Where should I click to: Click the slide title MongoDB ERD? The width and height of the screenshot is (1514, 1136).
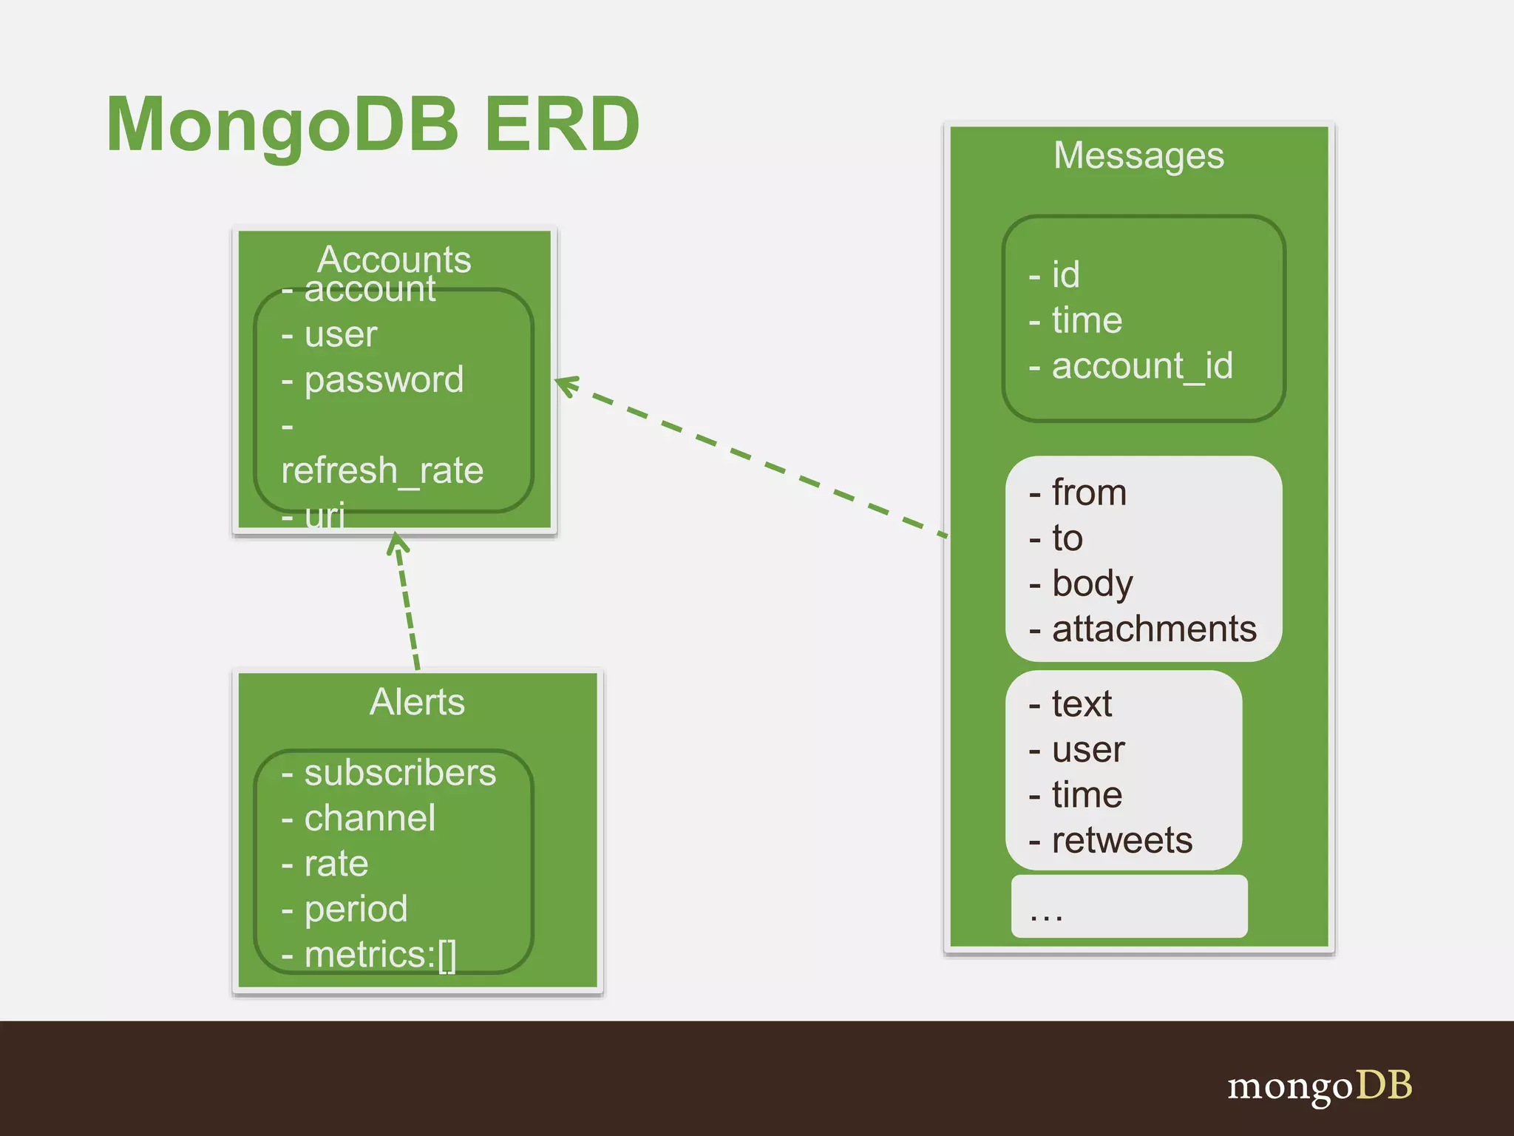(373, 124)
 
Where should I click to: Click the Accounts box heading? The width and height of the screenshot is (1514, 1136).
(394, 259)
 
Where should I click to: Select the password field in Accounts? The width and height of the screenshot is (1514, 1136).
(383, 379)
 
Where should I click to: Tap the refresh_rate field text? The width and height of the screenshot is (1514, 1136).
(382, 470)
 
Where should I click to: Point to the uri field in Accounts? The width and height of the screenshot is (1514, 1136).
(324, 515)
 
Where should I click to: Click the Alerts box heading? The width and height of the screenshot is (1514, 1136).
(417, 701)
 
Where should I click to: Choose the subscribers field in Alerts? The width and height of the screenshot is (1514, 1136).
(399, 773)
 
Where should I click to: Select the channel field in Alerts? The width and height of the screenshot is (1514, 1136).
(369, 818)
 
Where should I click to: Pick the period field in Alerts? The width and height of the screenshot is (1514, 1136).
(355, 909)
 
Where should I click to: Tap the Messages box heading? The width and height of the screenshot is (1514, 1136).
(1138, 155)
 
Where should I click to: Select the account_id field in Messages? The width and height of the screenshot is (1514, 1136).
(1141, 366)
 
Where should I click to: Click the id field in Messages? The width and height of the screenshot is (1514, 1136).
(1065, 275)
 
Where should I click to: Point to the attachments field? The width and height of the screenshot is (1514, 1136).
(1153, 629)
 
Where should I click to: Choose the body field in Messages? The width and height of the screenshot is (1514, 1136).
(1091, 584)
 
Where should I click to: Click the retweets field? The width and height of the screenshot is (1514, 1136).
(1121, 840)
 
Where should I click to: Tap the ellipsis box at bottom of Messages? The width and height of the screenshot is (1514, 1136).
(1129, 907)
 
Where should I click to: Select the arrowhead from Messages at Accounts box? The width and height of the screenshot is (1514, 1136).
(566, 385)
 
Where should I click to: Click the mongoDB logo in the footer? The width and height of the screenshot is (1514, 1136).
(1320, 1086)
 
